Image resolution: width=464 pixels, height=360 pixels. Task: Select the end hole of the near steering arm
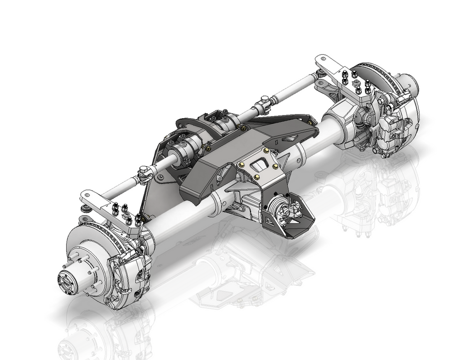click(86, 196)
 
